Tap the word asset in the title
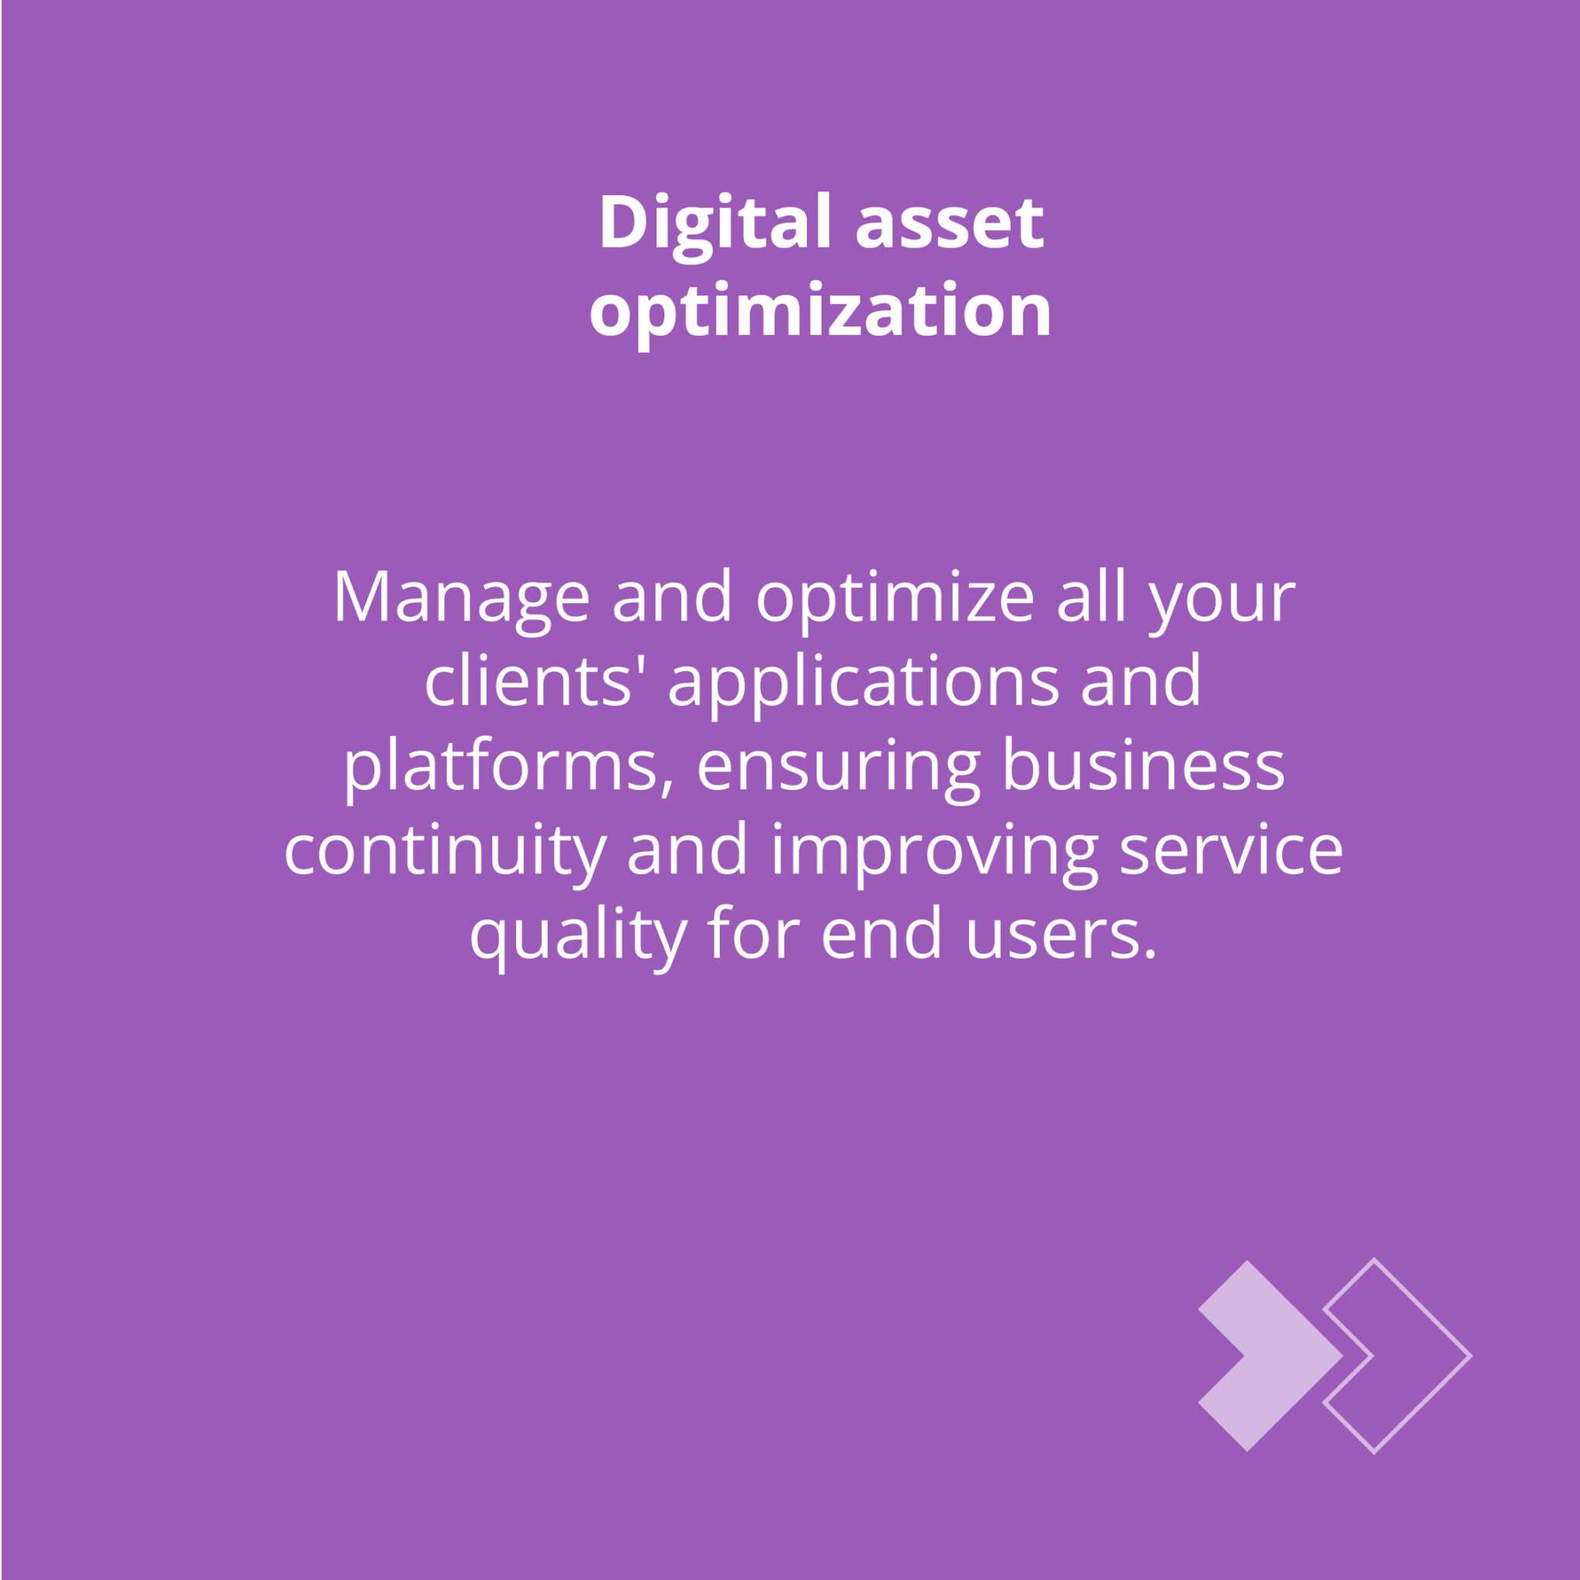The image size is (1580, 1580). click(950, 225)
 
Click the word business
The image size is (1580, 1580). click(1143, 765)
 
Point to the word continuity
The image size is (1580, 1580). click(445, 854)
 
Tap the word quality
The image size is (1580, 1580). click(577, 938)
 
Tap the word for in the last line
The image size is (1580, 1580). click(753, 933)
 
